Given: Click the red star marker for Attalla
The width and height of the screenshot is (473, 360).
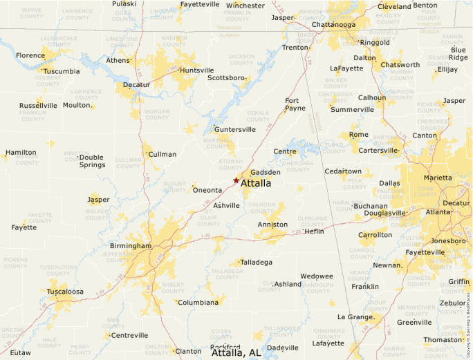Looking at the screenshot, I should click(x=236, y=180).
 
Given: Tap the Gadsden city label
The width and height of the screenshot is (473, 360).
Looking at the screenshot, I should click(x=266, y=172).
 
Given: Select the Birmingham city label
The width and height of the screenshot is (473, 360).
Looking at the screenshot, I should click(x=130, y=246).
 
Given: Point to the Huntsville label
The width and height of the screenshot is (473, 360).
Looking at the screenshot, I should click(x=196, y=70).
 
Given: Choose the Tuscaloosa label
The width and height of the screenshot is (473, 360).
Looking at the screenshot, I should click(x=65, y=292).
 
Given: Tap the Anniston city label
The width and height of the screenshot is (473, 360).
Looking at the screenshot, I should click(x=272, y=225).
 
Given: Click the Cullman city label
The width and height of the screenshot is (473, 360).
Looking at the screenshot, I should click(x=163, y=154).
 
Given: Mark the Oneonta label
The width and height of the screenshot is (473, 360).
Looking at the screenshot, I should click(x=207, y=190).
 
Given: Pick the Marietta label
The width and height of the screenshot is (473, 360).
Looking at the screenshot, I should click(x=438, y=178).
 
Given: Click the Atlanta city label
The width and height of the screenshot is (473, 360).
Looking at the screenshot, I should click(x=438, y=212).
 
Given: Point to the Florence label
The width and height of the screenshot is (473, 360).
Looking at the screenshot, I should click(x=30, y=55).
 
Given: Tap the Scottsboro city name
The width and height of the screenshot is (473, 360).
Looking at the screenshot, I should click(x=227, y=77).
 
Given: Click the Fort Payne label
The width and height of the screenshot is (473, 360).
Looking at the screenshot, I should click(x=296, y=104).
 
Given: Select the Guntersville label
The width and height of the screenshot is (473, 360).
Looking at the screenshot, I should click(x=235, y=129).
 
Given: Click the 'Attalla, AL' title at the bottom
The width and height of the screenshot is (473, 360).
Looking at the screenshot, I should click(x=236, y=352).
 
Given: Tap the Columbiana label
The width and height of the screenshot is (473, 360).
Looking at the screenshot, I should click(x=199, y=303).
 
